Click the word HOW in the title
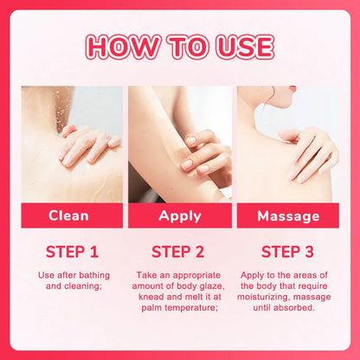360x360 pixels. click(123, 47)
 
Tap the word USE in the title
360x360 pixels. click(245, 47)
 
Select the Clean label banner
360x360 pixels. click(72, 215)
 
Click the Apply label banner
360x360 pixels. click(180, 215)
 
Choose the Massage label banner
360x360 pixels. click(288, 215)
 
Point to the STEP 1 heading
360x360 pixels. click(72, 252)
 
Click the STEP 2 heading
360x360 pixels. click(178, 252)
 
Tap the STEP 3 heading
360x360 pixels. click(287, 252)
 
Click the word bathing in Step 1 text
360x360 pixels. click(94, 275)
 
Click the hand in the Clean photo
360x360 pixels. click(89, 145)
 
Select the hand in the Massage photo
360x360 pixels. click(308, 154)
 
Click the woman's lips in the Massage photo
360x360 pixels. click(293, 89)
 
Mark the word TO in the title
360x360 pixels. click(188, 47)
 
